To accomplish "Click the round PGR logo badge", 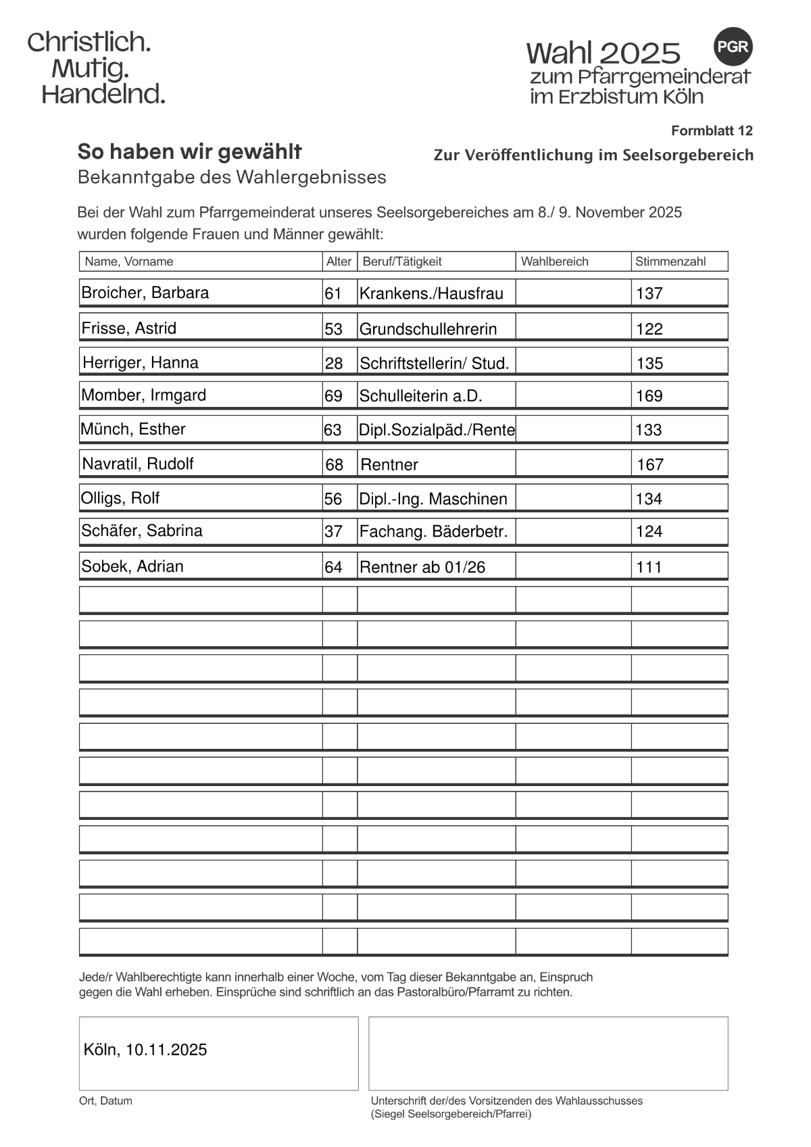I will [x=733, y=47].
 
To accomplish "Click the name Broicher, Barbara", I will [x=145, y=293].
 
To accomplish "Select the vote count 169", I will [x=649, y=396].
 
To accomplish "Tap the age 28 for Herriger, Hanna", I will [x=334, y=364].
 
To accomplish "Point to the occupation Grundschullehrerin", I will [x=428, y=329].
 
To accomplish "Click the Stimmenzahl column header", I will [x=670, y=262].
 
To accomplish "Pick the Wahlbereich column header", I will [x=554, y=262].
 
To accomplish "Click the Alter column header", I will [x=339, y=262].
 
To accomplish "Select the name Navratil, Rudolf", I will [x=138, y=464].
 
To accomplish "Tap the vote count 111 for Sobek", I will [x=649, y=567].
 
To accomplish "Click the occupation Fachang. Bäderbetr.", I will [x=433, y=531].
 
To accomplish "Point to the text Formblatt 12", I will [x=711, y=130].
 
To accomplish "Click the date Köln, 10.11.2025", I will [x=145, y=1050].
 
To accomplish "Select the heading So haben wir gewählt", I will [x=190, y=151].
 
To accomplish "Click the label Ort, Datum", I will [x=105, y=1101].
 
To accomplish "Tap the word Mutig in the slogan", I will [x=90, y=68].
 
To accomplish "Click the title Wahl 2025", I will [x=603, y=53].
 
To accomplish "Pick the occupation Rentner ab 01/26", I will [x=422, y=567].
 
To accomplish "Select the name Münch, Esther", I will [x=133, y=429].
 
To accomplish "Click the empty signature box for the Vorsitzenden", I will [x=547, y=1053].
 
